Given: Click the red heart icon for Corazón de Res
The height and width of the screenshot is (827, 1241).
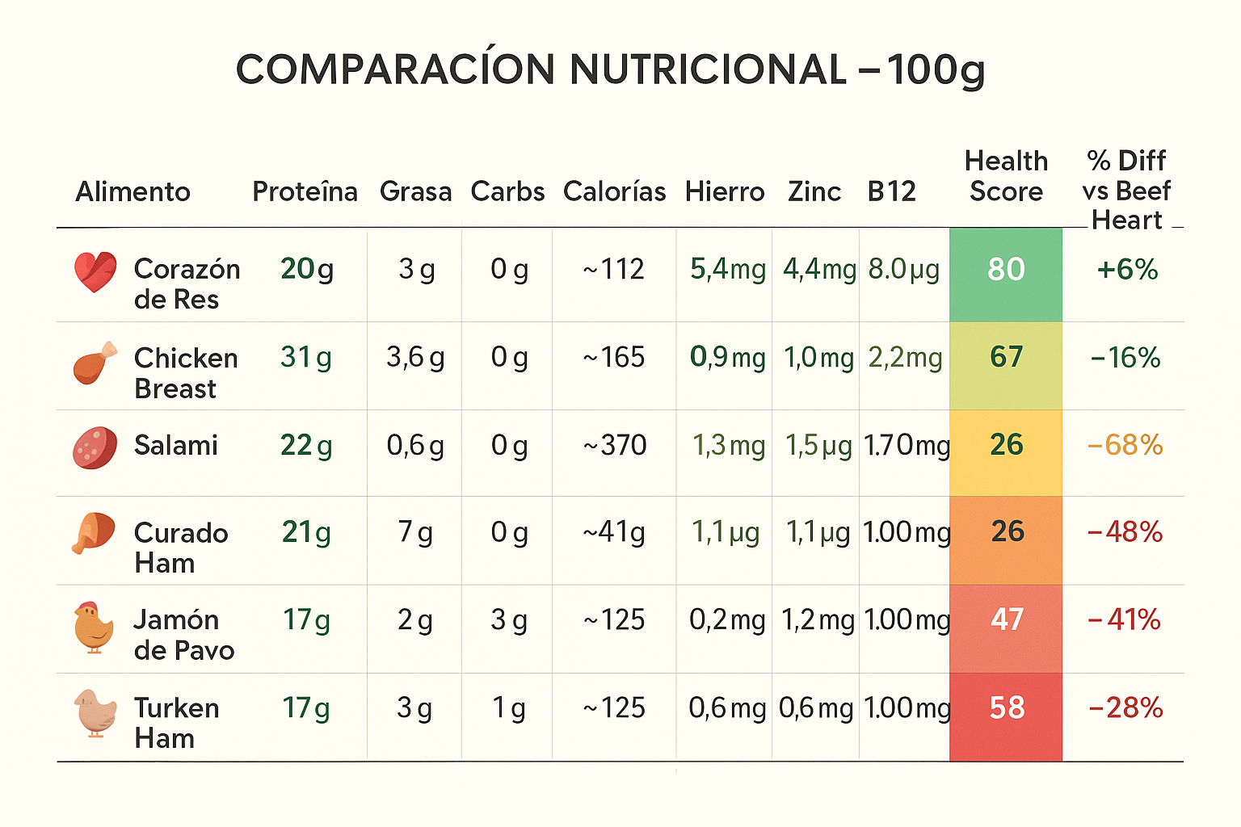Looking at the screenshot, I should tap(95, 272).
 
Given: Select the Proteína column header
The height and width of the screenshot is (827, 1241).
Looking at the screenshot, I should tap(305, 192).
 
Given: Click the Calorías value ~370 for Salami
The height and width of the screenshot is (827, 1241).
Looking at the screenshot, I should tap(615, 445).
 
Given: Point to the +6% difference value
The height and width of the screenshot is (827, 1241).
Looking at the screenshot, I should tap(1127, 270).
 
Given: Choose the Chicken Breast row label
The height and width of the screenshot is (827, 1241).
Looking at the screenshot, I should tap(186, 373).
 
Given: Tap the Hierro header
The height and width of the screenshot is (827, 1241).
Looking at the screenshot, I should tap(725, 192).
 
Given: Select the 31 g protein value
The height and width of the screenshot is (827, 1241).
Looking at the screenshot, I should tap(306, 357).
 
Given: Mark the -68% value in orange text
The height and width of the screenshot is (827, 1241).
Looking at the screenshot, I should tap(1125, 445).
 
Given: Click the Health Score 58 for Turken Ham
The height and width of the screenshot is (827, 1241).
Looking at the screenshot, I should tap(1007, 708).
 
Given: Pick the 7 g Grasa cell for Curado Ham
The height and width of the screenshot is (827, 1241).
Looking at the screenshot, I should tap(415, 532).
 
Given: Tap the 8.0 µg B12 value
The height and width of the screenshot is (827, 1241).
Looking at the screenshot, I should tap(904, 270).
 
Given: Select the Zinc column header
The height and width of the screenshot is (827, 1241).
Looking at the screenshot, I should tap(814, 192).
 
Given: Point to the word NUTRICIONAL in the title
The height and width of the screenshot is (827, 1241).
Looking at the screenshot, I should tap(708, 69).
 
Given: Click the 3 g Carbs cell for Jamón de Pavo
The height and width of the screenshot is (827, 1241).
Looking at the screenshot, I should tap(509, 620).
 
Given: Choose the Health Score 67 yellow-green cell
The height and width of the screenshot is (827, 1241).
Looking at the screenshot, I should tap(1006, 357).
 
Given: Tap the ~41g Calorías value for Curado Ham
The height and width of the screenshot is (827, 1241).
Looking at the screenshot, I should tap(615, 532).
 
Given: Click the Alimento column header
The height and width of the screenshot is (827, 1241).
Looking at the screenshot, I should tap(133, 192).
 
